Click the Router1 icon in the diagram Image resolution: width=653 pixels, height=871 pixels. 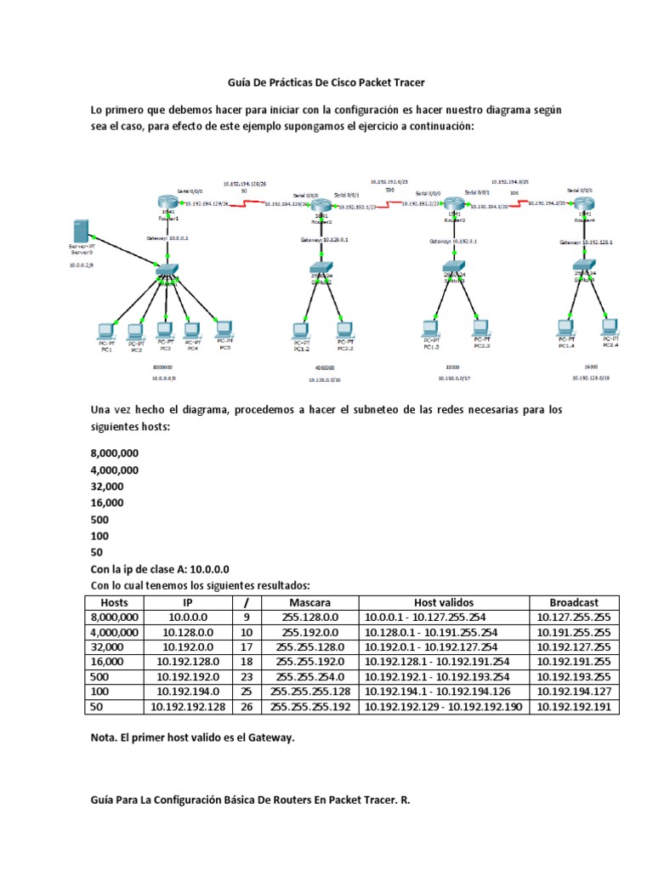coord(165,201)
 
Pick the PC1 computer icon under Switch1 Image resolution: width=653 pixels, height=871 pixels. coord(106,330)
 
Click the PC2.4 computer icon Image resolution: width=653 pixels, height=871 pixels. coord(610,327)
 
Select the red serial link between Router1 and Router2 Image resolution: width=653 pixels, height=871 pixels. coord(245,203)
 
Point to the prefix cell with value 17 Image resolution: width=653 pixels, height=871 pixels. coord(247,646)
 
